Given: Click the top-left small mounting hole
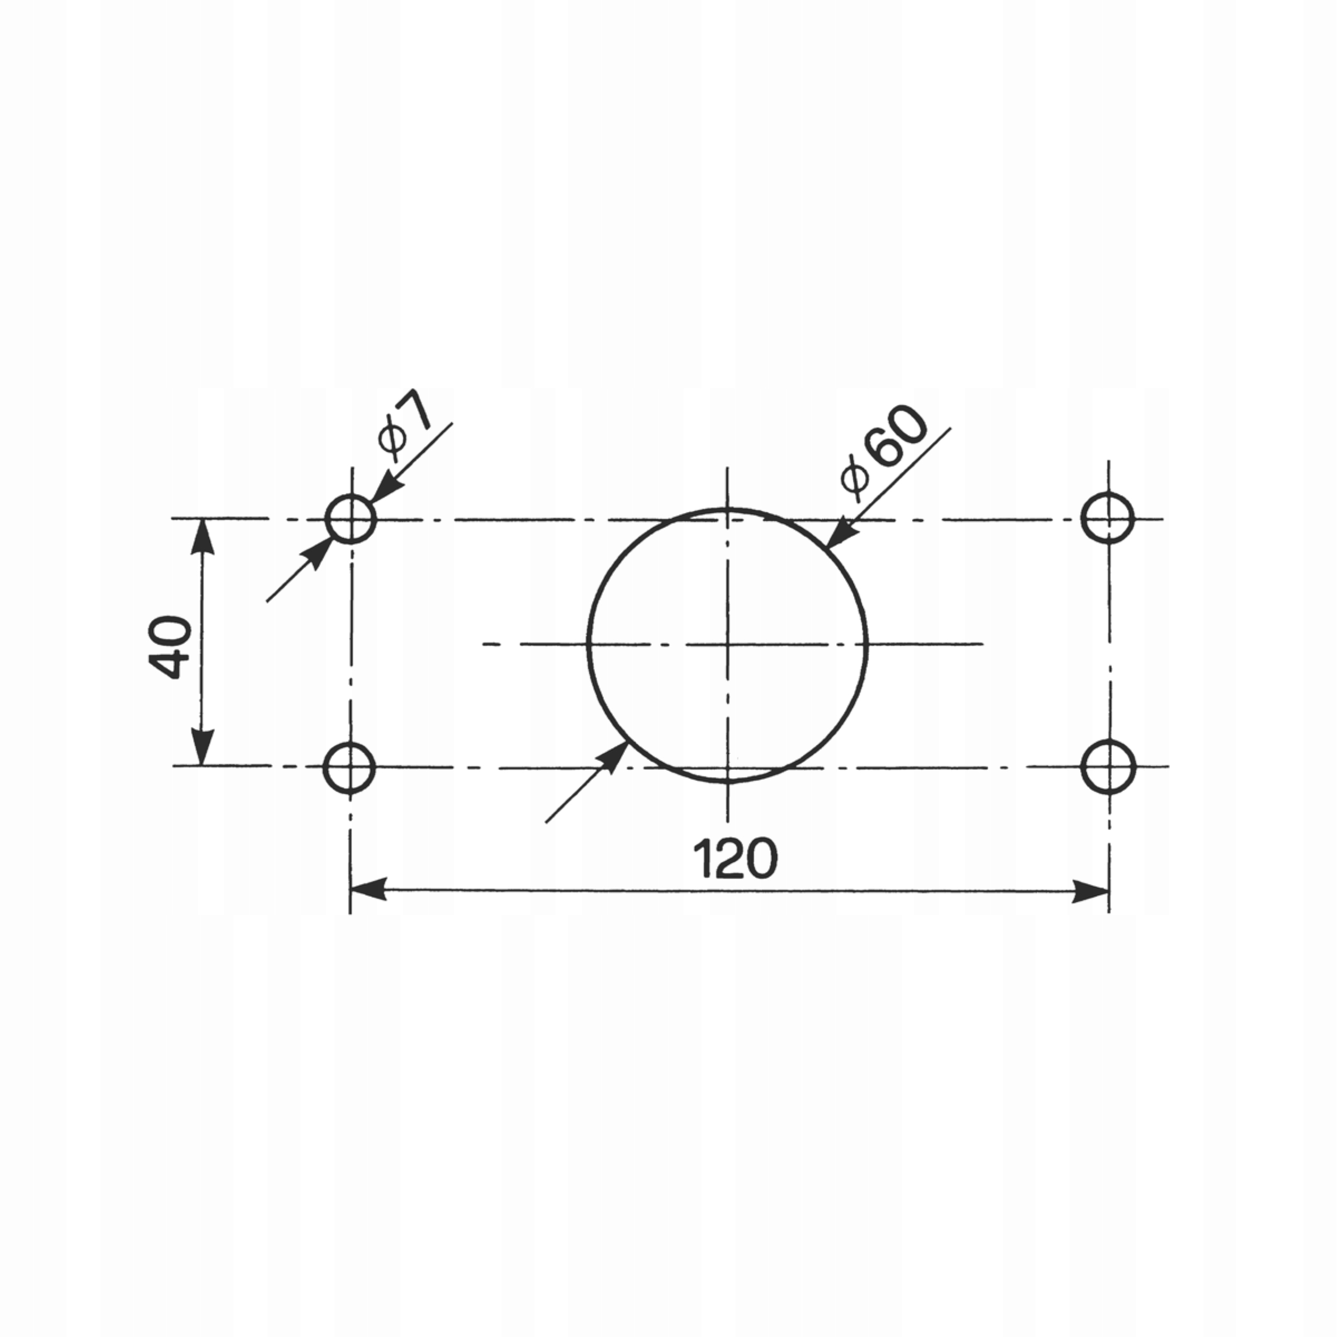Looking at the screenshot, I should click(351, 518).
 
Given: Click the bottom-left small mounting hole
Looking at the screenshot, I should click(349, 767).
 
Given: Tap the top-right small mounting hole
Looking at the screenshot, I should click(1108, 518).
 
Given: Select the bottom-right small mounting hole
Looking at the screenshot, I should click(1108, 767).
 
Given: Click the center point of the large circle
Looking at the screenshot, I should click(728, 644).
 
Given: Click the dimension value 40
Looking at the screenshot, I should click(170, 647).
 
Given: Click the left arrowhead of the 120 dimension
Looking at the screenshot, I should click(367, 890).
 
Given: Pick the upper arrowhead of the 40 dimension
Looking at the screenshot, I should click(202, 536).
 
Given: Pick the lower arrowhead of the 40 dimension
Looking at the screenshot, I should click(202, 748).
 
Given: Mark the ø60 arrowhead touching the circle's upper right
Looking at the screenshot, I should click(840, 532).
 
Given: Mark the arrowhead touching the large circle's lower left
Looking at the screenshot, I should click(612, 758).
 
